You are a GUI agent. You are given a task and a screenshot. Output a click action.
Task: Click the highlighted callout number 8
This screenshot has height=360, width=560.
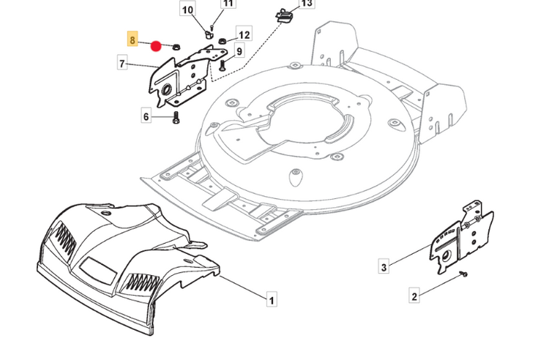pyautogui.click(x=132, y=40)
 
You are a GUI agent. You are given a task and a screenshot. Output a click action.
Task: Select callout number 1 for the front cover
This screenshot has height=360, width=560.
pyautogui.click(x=271, y=300)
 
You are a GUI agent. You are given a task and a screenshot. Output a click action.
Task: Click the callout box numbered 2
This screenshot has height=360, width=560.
pyautogui.click(x=414, y=296)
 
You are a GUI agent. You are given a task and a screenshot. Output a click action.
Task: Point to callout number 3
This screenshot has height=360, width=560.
pyautogui.click(x=384, y=268)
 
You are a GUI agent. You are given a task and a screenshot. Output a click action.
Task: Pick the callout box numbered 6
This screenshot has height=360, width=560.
pyautogui.click(x=146, y=116)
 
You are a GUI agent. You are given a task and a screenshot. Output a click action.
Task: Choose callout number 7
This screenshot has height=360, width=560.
pyautogui.click(x=122, y=64)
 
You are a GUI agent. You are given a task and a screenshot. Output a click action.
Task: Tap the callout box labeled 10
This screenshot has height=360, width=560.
pyautogui.click(x=188, y=10)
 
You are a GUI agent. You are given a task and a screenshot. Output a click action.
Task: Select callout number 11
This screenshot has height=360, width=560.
pyautogui.click(x=228, y=4)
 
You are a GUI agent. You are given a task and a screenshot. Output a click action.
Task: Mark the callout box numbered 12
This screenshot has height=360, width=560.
pyautogui.click(x=244, y=35)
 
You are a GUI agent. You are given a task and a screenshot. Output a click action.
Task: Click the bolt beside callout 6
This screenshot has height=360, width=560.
pyautogui.click(x=175, y=119)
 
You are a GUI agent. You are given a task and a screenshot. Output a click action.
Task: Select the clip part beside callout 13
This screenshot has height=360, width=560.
pyautogui.click(x=283, y=15)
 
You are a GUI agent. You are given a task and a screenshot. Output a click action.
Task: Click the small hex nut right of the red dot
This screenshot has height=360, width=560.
pyautogui.click(x=176, y=47)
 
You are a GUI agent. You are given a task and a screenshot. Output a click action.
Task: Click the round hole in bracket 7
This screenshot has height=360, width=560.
pyautogui.click(x=166, y=89)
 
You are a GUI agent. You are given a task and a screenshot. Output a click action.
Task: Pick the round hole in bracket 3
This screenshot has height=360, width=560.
pyautogui.click(x=444, y=258)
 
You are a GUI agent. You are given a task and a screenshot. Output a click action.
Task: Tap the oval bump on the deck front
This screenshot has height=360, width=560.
pyautogui.click(x=296, y=175)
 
